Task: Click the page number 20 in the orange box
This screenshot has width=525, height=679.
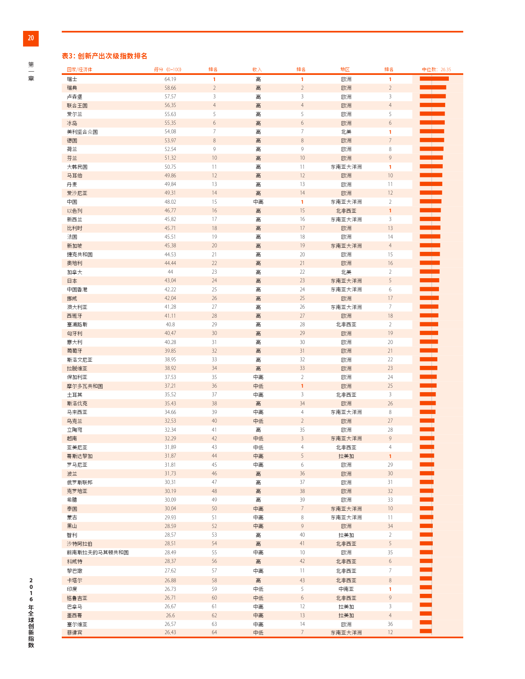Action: click(31, 38)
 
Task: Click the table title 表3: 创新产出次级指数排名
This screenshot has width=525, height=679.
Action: click(104, 56)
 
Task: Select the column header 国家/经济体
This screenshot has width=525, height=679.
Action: click(79, 70)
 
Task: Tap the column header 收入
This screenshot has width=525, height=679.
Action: click(257, 70)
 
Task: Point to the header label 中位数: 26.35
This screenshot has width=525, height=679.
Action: click(436, 70)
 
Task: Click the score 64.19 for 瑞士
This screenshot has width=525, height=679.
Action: click(170, 79)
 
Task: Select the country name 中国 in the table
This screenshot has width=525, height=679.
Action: click(72, 202)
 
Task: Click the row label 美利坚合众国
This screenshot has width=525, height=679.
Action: click(82, 132)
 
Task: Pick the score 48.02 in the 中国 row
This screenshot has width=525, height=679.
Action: click(170, 202)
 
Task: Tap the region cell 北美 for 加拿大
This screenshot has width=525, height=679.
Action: click(346, 272)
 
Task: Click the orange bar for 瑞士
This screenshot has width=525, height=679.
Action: click(434, 79)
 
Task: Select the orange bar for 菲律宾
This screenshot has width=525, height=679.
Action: click(426, 631)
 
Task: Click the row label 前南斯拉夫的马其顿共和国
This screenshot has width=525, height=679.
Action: click(98, 553)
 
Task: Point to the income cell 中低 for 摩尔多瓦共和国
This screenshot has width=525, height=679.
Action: click(258, 386)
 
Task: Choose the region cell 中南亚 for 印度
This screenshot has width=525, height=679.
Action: click(346, 589)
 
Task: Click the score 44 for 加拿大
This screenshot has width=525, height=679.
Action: click(170, 272)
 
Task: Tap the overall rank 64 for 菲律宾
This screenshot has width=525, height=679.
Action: click(214, 632)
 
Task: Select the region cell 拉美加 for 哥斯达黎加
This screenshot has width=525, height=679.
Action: click(346, 456)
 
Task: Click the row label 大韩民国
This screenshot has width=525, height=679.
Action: click(77, 167)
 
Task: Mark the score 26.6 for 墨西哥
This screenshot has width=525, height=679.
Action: click(170, 616)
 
